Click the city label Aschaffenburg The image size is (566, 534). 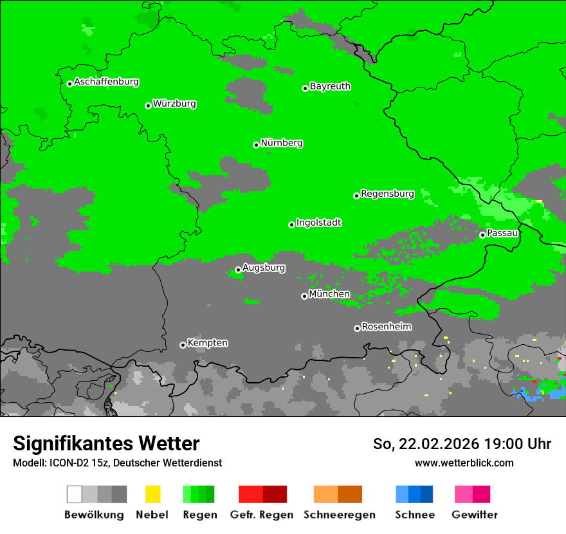tap(106, 82)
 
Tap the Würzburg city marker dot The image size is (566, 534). tap(148, 106)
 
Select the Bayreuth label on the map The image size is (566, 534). tap(330, 86)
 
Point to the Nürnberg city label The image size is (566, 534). tap(281, 143)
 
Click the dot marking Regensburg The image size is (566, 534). tap(356, 196)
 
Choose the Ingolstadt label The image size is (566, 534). tap(318, 223)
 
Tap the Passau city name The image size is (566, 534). tap(502, 233)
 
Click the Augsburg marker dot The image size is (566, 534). tap(238, 270)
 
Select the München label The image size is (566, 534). tap(329, 294)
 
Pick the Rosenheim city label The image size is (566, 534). tap(386, 326)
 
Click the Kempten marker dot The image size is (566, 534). tap(183, 345)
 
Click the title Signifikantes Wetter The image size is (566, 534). tap(106, 443)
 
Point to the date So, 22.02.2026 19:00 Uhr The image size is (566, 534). tap(462, 444)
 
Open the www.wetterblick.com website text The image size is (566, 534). tap(464, 463)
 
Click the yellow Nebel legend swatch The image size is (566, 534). tap(152, 494)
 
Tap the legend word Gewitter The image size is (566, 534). tap(474, 515)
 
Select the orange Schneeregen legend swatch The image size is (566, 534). tap(338, 494)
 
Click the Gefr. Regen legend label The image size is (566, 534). tap(262, 515)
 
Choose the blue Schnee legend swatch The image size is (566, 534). tap(414, 494)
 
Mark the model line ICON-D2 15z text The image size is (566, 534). tap(117, 463)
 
